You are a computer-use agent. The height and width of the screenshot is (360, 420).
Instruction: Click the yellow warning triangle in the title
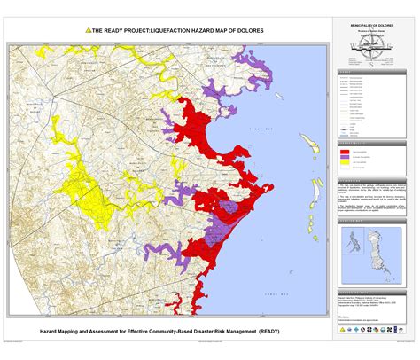88,29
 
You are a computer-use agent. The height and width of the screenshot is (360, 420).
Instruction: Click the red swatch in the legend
345,152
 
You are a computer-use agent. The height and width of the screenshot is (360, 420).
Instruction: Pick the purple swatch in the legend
345,157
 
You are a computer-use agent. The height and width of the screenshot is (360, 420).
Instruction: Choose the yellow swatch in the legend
345,163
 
